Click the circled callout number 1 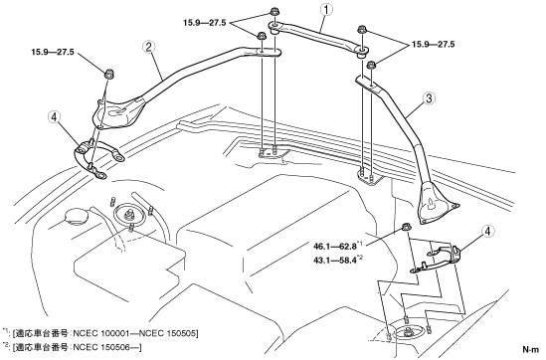click(x=326, y=10)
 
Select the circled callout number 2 click(x=148, y=48)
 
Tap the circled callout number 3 click(x=429, y=98)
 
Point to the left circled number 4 click(x=54, y=117)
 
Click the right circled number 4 click(x=487, y=231)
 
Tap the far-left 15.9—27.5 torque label click(x=53, y=53)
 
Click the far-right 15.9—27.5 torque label click(x=434, y=45)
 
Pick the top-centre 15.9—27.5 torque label click(x=205, y=23)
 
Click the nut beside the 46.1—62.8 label click(x=405, y=228)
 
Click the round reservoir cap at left click(x=75, y=217)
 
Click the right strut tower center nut click(x=407, y=331)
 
